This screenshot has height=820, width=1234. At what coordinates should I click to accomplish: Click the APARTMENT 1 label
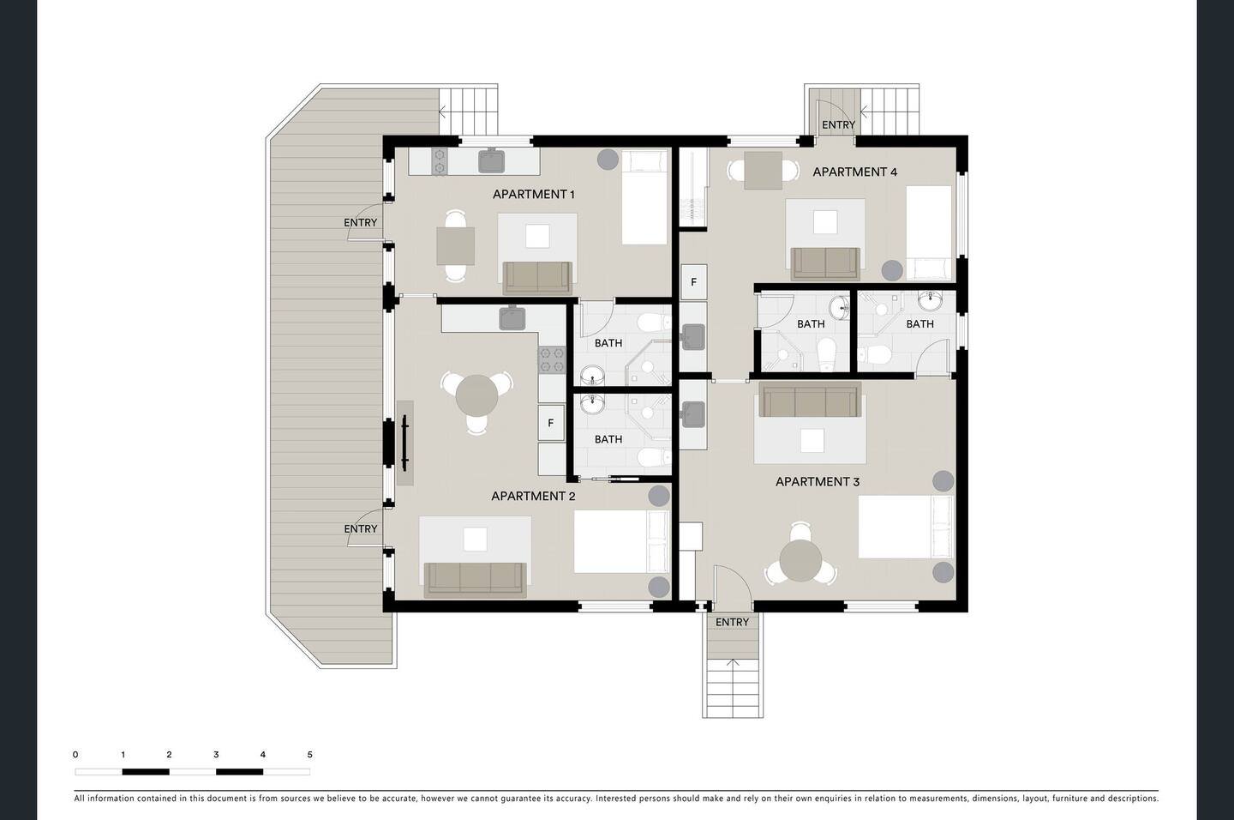[533, 194]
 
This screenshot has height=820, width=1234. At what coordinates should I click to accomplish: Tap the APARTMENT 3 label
[818, 482]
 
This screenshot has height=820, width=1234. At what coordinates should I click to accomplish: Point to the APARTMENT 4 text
[855, 172]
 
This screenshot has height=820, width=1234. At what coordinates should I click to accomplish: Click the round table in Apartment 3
[801, 560]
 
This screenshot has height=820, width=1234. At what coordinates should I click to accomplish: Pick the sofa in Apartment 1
[537, 278]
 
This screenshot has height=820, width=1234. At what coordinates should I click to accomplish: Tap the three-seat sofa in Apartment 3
[810, 399]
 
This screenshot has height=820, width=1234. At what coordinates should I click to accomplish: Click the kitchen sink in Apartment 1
[491, 160]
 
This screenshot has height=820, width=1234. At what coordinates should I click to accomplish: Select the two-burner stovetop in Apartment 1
[440, 161]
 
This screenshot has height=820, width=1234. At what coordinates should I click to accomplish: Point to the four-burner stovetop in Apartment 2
[552, 359]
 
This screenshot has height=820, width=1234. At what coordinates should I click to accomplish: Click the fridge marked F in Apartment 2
[551, 423]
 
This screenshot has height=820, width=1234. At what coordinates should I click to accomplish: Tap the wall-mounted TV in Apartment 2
[404, 443]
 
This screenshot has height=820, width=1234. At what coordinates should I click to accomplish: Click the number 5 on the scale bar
[310, 754]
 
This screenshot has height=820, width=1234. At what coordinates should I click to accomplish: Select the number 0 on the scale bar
[75, 754]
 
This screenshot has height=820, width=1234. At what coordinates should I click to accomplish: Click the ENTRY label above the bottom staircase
[732, 622]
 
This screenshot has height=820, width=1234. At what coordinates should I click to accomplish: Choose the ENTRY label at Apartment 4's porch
[838, 125]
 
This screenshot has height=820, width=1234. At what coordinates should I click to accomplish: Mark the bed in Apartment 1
[644, 197]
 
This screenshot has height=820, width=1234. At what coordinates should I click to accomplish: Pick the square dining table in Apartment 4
[763, 171]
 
